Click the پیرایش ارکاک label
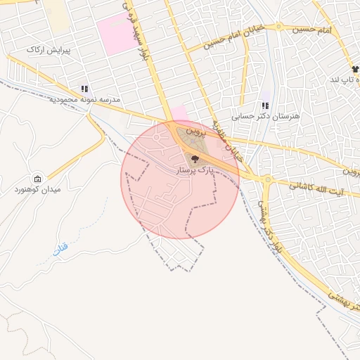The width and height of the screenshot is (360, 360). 45,50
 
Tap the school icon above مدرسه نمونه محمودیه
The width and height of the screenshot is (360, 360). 84,89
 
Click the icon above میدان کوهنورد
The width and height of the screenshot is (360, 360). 37,179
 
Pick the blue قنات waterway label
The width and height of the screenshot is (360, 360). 59,249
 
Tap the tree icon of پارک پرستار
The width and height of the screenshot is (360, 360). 195,159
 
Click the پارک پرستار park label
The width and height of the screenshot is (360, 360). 195,170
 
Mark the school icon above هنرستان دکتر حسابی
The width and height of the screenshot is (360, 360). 266,105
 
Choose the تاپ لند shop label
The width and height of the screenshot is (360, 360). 345,79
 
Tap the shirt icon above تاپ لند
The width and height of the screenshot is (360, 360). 355,69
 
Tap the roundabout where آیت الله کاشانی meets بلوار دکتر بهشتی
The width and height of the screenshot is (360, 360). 267,180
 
